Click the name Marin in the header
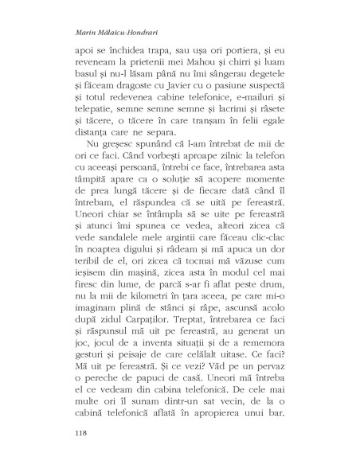tap(73, 34)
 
